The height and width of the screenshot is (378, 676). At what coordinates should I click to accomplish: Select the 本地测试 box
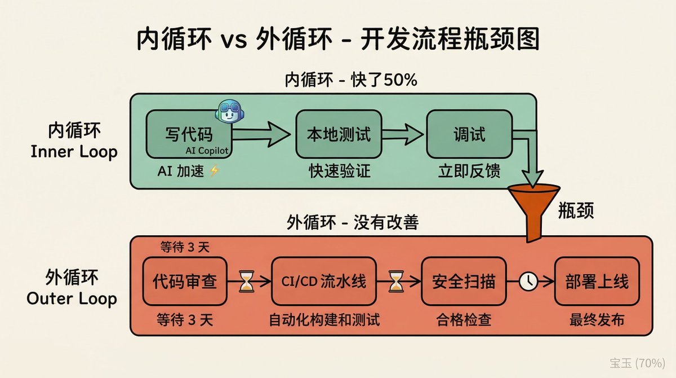click(338, 135)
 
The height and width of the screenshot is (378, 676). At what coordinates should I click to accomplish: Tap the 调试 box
click(469, 135)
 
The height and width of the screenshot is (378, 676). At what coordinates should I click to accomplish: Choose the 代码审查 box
click(185, 281)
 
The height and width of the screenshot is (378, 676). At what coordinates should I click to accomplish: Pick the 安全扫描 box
click(463, 281)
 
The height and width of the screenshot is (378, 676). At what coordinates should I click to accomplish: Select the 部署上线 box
click(597, 281)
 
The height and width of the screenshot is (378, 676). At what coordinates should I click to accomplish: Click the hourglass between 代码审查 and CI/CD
click(247, 281)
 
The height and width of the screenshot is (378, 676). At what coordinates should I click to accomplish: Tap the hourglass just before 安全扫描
click(397, 281)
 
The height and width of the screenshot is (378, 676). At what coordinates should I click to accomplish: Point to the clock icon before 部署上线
click(528, 281)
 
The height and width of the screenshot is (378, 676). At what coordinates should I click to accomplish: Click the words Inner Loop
click(74, 152)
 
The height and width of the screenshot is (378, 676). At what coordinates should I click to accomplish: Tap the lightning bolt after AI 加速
click(215, 171)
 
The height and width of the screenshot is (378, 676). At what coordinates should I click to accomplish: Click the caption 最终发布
click(597, 320)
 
